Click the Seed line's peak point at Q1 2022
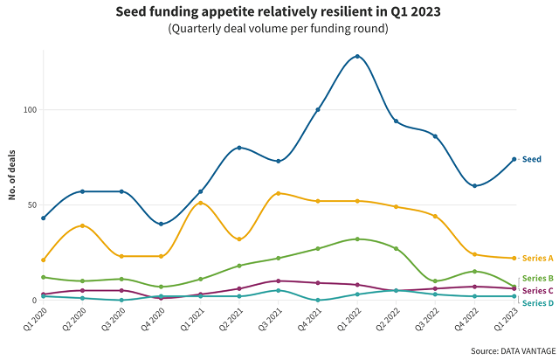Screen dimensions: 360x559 (x=357, y=57)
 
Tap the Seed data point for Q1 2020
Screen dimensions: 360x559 (x=43, y=218)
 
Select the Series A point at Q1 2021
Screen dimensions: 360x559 (x=200, y=203)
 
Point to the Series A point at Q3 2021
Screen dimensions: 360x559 (x=279, y=193)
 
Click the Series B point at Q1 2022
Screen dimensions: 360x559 (x=357, y=239)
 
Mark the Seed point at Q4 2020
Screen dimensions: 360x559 (x=161, y=224)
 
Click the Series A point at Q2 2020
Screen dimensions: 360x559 (x=82, y=225)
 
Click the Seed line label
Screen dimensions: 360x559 (x=531, y=159)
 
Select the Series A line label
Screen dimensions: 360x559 (x=537, y=259)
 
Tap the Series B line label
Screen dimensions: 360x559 (x=537, y=278)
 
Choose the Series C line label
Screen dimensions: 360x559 (x=537, y=290)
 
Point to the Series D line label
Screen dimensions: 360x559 (x=537, y=303)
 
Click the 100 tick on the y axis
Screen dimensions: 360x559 (x=29, y=110)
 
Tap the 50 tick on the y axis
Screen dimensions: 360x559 (x=31, y=205)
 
